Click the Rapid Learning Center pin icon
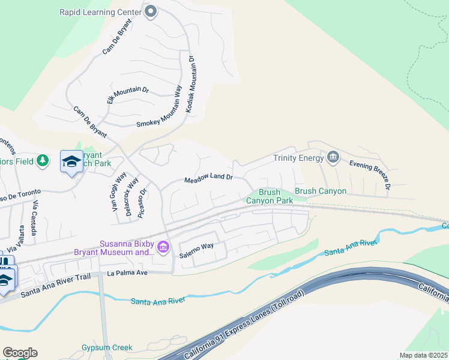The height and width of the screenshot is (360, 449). point(151,11)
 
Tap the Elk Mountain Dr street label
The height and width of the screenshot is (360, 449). point(127,95)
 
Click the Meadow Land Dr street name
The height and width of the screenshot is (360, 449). point(208,178)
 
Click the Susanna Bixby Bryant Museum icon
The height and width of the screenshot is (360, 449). point(162,247)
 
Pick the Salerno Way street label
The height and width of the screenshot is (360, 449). point(197,246)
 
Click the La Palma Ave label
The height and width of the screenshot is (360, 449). point(127,272)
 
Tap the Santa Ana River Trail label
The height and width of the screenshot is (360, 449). point(55,284)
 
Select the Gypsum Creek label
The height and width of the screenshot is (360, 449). point(107,347)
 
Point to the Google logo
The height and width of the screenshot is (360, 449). point(19,353)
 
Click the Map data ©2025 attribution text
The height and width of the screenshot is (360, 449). point(423,355)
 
